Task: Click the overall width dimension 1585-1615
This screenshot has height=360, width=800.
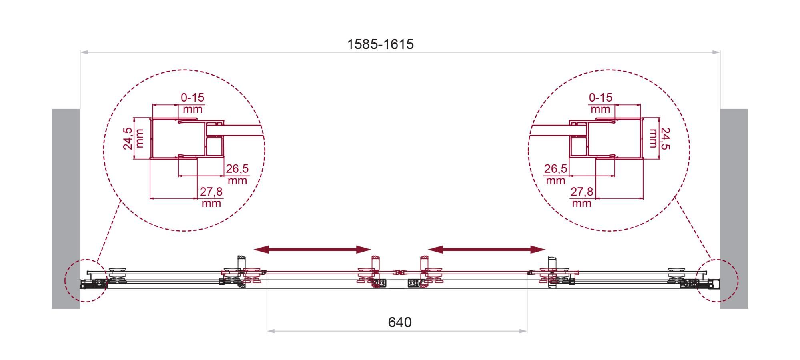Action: [380, 44]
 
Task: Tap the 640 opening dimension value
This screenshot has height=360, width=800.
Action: [400, 322]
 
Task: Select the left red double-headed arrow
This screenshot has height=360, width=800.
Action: [313, 250]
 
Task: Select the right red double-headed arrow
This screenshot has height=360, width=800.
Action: [487, 250]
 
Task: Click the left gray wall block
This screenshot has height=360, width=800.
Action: [66, 208]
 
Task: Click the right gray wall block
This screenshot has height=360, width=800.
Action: [734, 208]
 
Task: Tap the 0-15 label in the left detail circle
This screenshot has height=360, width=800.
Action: [192, 98]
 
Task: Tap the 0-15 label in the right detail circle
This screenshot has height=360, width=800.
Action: [601, 98]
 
